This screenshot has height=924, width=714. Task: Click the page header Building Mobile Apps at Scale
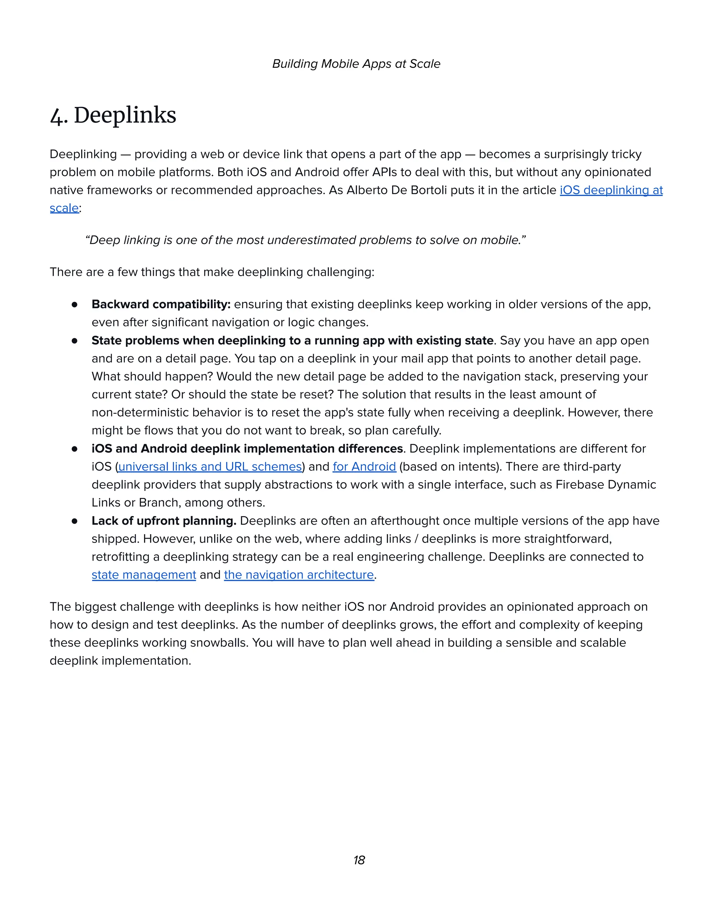point(356,64)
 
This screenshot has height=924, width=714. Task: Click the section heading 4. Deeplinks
point(113,115)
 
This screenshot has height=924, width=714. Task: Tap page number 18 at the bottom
point(359,860)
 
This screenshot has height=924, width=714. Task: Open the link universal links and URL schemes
point(210,467)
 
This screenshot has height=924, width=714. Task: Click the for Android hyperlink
point(364,467)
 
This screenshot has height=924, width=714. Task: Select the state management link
point(144,575)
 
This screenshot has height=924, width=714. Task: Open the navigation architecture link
point(299,575)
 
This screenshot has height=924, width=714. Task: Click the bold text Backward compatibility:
point(161,304)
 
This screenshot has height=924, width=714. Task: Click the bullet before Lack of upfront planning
point(75,521)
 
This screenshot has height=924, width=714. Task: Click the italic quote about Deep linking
point(305,240)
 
